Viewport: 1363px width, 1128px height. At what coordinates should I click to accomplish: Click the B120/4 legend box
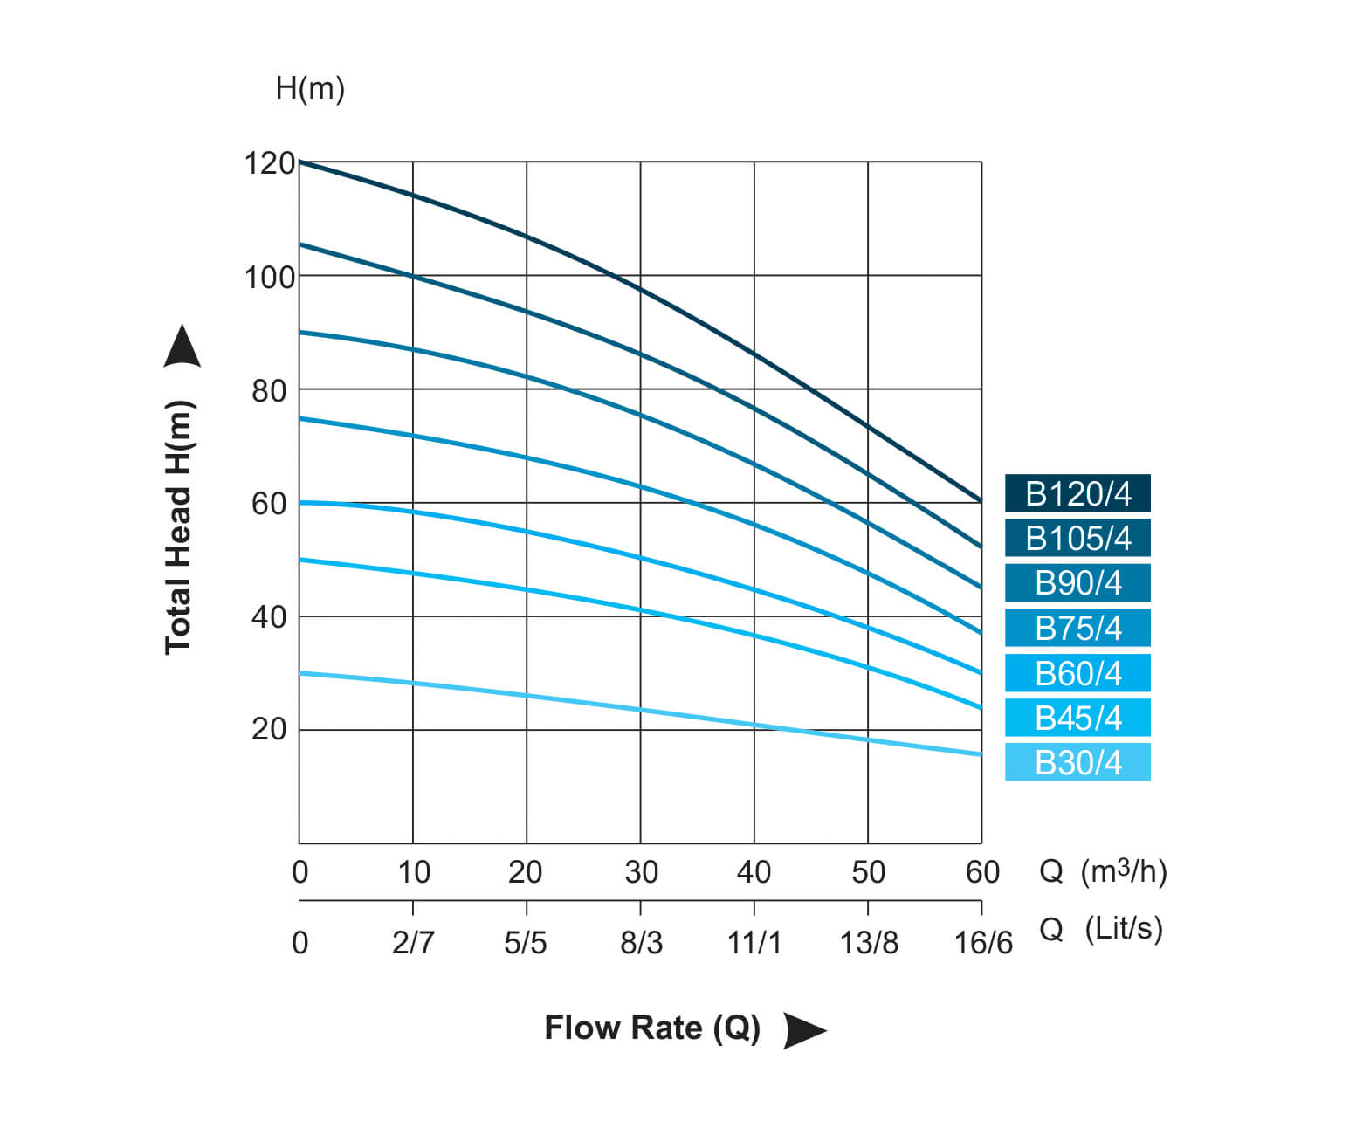tap(1077, 493)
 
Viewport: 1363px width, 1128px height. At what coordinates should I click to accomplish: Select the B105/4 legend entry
tap(1077, 538)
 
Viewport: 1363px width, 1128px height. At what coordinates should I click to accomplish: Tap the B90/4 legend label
tap(1077, 582)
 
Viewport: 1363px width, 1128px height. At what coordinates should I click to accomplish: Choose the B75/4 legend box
tap(1077, 628)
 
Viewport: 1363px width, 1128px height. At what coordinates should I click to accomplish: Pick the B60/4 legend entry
tap(1077, 673)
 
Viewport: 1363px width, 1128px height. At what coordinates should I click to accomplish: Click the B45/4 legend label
tap(1077, 718)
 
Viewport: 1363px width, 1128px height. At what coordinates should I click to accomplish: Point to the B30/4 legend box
tap(1077, 762)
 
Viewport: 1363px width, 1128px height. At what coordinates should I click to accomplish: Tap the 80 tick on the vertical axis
tap(269, 391)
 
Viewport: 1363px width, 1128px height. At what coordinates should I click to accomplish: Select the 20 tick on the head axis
tap(269, 728)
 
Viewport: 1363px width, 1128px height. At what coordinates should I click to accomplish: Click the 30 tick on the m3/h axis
tap(641, 871)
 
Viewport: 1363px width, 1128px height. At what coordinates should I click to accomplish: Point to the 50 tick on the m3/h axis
tap(868, 871)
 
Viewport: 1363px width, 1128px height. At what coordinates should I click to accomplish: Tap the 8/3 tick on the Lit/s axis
tap(641, 943)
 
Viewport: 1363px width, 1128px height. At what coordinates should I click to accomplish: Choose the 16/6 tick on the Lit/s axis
tap(983, 943)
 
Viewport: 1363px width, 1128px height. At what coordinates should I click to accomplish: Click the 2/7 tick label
tap(413, 943)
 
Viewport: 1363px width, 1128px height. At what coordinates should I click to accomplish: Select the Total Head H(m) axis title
tap(178, 526)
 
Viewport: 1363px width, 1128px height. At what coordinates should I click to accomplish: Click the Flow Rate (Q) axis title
tap(652, 1028)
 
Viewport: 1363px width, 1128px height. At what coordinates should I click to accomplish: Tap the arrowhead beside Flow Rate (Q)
tap(802, 1029)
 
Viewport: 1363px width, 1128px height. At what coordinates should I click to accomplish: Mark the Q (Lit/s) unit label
tap(1101, 928)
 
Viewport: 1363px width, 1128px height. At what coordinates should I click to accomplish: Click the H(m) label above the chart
tap(310, 88)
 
